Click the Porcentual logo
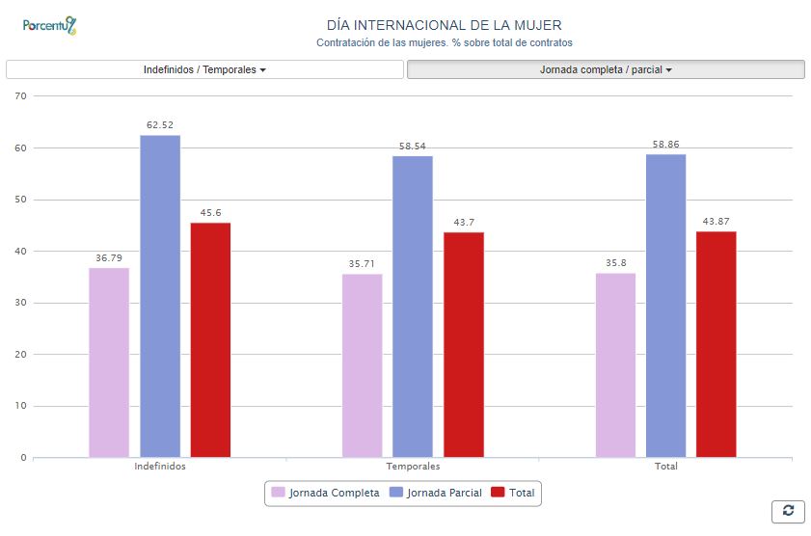(x=49, y=26)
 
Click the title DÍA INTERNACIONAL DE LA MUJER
(x=444, y=25)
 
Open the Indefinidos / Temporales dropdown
(x=204, y=69)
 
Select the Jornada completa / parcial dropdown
(x=606, y=69)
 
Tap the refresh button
(x=788, y=511)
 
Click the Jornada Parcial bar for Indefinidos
(x=160, y=296)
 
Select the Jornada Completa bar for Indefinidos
(x=109, y=362)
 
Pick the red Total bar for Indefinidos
(x=210, y=339)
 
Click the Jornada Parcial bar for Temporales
(x=413, y=307)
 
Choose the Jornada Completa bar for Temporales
(x=362, y=365)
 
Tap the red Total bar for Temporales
(x=464, y=344)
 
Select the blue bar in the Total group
(x=665, y=306)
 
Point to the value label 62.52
(x=160, y=125)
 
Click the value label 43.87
(x=716, y=222)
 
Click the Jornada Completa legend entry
(x=325, y=493)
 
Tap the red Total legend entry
(x=513, y=493)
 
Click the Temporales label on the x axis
(x=413, y=467)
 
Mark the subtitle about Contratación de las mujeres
(x=444, y=43)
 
